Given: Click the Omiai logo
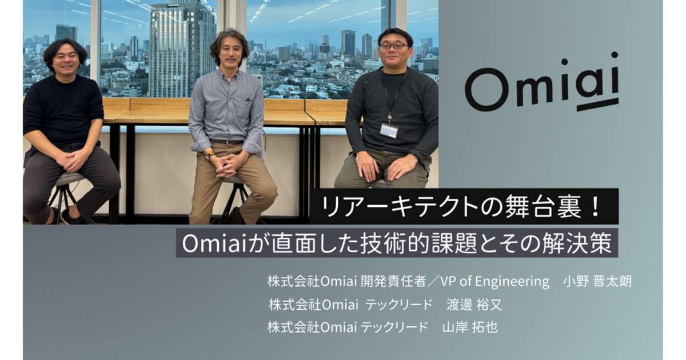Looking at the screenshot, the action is click(x=542, y=83).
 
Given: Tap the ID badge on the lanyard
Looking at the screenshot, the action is click(x=389, y=130).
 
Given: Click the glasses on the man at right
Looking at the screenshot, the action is click(x=394, y=46).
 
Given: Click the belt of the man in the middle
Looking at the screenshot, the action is click(x=228, y=142).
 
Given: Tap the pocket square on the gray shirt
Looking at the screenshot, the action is click(x=248, y=99).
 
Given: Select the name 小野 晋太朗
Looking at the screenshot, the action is click(x=597, y=282).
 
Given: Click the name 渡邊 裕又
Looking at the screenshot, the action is click(x=474, y=305).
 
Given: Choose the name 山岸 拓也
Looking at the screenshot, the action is click(x=470, y=327).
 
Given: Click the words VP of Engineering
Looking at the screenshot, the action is click(x=495, y=282).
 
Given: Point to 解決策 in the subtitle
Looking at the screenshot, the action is click(x=577, y=243).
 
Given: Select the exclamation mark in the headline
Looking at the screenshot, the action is click(x=596, y=207).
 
